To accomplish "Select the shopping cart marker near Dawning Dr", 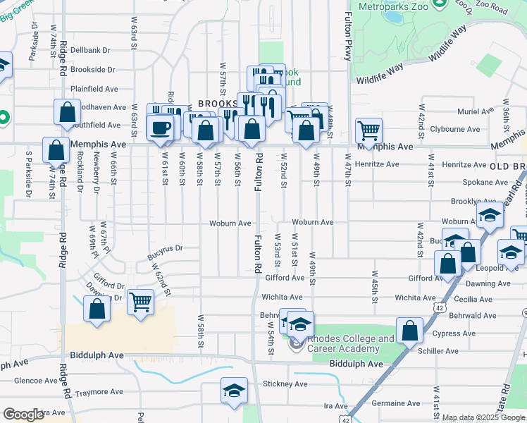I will coord(141,302).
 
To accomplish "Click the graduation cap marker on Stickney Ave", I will coord(234,392).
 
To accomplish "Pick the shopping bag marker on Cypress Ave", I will coord(409,331).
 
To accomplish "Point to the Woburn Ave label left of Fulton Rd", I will coord(230,223).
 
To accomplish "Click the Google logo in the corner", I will coord(23,415).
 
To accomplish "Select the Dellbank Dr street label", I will coord(91,50).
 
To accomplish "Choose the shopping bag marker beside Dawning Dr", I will coord(97,309).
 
